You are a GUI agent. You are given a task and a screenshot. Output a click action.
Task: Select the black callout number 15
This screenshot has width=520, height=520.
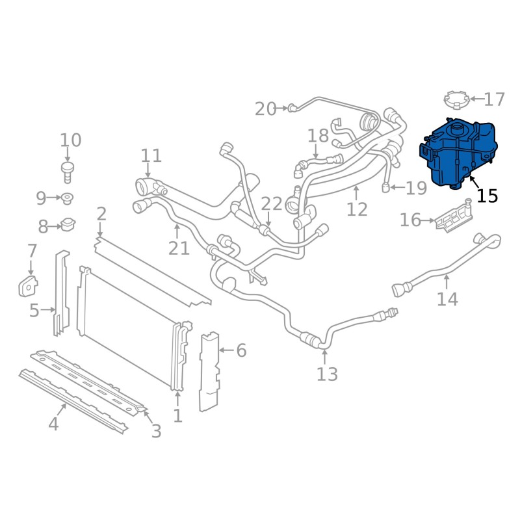pos(487,196)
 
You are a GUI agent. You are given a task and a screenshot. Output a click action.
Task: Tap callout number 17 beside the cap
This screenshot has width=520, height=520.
pos(494,99)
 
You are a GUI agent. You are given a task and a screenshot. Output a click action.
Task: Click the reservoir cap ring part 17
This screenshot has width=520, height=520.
pos(456,101)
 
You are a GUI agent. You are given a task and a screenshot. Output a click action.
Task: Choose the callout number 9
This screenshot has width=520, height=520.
pos(42,197)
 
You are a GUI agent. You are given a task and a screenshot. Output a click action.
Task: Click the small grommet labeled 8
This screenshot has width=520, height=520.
pos(67,225)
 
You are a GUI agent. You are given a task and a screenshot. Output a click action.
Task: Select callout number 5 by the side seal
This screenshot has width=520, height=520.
pos(34,311)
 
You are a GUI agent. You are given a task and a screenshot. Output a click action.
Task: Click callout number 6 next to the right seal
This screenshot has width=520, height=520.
pos(241,351)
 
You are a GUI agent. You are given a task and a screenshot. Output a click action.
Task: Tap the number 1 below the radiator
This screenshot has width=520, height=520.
pos(177,415)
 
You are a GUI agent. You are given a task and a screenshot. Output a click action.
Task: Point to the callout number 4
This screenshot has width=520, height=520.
pos(53,424)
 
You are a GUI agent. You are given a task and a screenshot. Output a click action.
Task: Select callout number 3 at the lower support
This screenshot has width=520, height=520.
pos(156,430)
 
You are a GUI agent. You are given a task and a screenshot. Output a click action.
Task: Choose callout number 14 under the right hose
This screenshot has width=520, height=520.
pos(447,299)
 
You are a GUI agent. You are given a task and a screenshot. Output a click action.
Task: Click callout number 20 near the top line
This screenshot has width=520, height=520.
pos(265,109)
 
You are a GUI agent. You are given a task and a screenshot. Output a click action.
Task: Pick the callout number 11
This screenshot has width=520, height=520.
pos(151,155)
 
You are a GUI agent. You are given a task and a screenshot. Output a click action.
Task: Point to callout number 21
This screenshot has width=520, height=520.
pos(179,248)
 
